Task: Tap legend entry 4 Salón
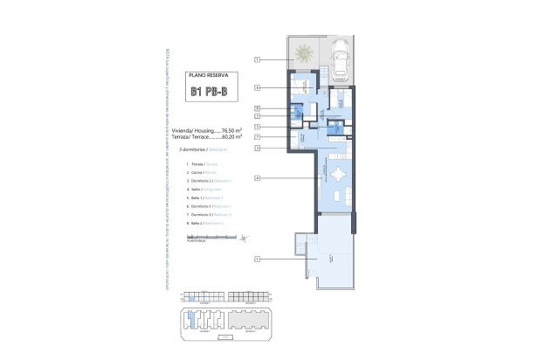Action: [195, 189]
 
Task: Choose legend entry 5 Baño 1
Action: [197, 197]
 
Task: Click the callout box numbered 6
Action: [258, 87]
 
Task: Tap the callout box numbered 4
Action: [258, 178]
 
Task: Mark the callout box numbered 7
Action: [258, 137]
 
